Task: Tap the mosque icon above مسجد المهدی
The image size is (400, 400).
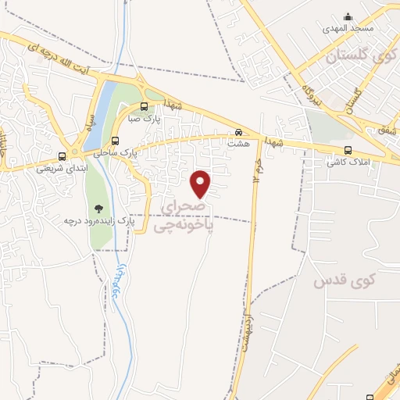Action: tap(348, 17)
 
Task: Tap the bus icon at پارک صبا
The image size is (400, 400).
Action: tap(144, 107)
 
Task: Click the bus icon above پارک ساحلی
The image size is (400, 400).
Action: tap(116, 141)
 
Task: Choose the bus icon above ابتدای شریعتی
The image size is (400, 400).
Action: tap(62, 155)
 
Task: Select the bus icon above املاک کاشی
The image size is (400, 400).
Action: tap(348, 151)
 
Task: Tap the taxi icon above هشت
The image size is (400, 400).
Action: tap(239, 132)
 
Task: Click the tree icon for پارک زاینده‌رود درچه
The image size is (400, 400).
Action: tap(98, 209)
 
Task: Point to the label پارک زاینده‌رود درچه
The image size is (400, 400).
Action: tap(99, 222)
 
